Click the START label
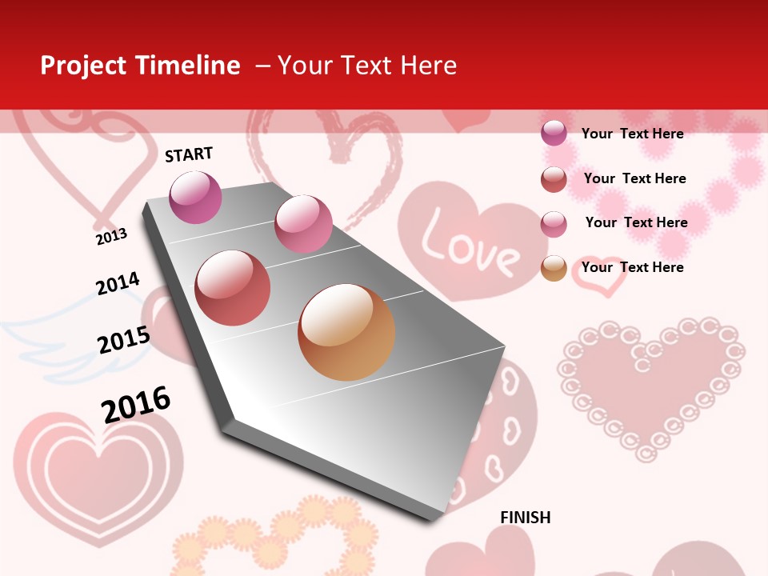[x=189, y=154]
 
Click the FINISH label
[x=525, y=518]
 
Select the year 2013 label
[x=111, y=236]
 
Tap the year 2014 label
[x=118, y=284]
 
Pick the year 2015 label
[x=123, y=340]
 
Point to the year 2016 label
[x=136, y=404]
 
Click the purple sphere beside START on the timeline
[x=195, y=197]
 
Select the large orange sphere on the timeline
[x=346, y=332]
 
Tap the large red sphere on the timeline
[x=232, y=288]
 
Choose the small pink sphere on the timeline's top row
[x=303, y=223]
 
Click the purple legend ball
[x=554, y=134]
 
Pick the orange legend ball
[x=554, y=268]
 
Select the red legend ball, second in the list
[x=554, y=179]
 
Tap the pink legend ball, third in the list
[x=554, y=224]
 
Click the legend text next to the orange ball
[x=632, y=267]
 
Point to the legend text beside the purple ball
[x=632, y=134]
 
